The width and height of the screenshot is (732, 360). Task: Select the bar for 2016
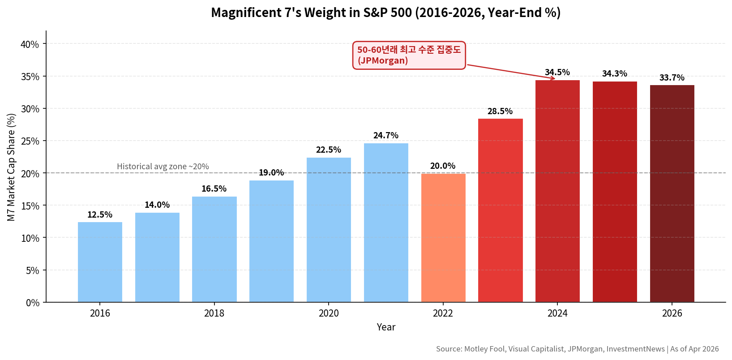click(100, 262)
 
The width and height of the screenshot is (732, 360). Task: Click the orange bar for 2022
click(443, 238)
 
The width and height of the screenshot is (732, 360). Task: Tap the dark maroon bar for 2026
click(672, 193)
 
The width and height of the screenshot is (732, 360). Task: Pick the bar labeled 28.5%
click(500, 210)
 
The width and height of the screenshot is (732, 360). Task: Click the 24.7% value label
click(385, 135)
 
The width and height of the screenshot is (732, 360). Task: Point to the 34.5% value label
click(557, 72)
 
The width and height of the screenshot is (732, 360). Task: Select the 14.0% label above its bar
click(157, 205)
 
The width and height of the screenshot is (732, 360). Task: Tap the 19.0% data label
click(271, 172)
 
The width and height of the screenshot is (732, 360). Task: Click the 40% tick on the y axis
click(30, 44)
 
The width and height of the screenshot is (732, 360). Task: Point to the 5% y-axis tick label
click(32, 270)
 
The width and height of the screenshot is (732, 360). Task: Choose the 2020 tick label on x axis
click(329, 313)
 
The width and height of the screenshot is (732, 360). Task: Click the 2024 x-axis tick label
click(557, 313)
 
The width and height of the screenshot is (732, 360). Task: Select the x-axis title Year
click(386, 327)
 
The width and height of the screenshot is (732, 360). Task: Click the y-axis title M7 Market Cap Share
click(11, 167)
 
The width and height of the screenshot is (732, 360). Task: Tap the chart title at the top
click(385, 13)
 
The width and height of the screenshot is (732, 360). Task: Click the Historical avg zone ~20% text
click(163, 167)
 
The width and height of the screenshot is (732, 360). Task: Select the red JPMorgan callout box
click(409, 55)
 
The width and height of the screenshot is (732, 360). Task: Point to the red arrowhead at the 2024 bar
click(553, 78)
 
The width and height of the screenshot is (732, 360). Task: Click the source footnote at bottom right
click(577, 349)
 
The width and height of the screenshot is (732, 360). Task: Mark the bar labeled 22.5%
click(329, 230)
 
